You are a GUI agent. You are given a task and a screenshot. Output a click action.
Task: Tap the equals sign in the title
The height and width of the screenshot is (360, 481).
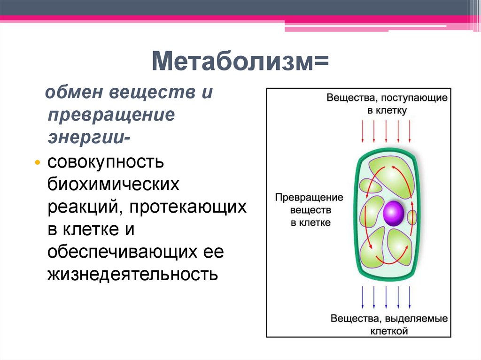click(321, 61)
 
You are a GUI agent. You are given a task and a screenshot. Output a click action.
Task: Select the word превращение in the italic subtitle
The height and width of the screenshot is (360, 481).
click(111, 115)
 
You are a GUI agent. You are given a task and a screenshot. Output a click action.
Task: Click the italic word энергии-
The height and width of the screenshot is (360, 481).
click(89, 138)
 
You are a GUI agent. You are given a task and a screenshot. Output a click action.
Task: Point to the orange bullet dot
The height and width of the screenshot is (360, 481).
click(38, 162)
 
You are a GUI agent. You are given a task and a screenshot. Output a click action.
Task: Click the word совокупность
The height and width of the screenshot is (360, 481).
click(106, 162)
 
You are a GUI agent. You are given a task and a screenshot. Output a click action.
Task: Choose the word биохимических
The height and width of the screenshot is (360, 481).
click(113, 184)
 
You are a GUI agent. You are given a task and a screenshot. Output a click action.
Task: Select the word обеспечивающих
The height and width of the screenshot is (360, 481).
click(122, 252)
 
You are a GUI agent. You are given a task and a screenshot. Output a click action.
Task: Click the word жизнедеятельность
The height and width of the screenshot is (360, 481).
click(133, 275)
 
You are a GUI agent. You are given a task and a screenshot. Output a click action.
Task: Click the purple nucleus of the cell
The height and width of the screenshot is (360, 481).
click(394, 213)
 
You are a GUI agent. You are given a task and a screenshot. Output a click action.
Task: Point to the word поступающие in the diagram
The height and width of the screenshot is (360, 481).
click(414, 98)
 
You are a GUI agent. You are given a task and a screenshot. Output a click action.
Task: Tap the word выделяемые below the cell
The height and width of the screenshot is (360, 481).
click(416, 319)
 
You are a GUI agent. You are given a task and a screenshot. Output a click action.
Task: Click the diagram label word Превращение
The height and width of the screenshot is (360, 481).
click(309, 198)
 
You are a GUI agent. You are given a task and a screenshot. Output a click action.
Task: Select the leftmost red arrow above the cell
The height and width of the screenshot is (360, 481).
click(363, 131)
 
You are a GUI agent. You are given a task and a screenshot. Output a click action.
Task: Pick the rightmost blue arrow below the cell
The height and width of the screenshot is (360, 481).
click(410, 298)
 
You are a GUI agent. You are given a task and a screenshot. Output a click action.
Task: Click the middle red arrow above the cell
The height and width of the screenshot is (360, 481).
click(386, 131)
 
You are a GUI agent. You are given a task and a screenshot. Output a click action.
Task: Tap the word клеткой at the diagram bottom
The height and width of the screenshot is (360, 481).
click(389, 331)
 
